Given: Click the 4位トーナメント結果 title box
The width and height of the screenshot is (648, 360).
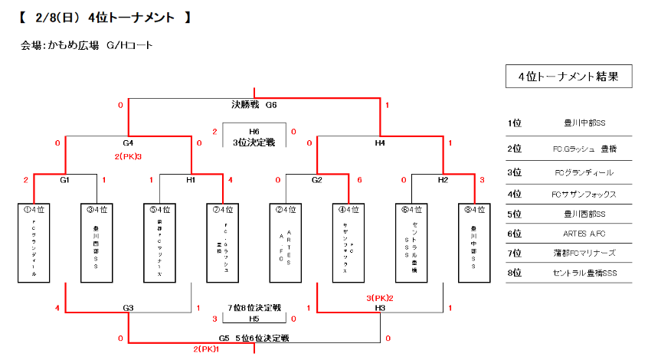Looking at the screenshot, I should [x=569, y=77].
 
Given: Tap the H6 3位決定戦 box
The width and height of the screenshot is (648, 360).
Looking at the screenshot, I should [x=254, y=136].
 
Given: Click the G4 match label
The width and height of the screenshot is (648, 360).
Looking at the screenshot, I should [x=128, y=142].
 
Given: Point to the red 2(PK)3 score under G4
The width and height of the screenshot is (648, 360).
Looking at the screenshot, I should [x=128, y=156].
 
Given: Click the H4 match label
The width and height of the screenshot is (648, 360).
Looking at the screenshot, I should [x=380, y=142].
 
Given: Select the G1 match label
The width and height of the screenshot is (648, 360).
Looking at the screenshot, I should [x=65, y=180].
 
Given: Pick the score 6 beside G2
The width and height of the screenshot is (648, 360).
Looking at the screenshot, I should [x=359, y=180].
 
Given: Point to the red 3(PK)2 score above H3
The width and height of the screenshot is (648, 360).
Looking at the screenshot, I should [x=380, y=297].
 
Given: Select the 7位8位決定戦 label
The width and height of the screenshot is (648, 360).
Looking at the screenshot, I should [x=254, y=308].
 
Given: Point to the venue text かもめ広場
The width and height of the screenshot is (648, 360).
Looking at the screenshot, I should [x=74, y=45].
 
